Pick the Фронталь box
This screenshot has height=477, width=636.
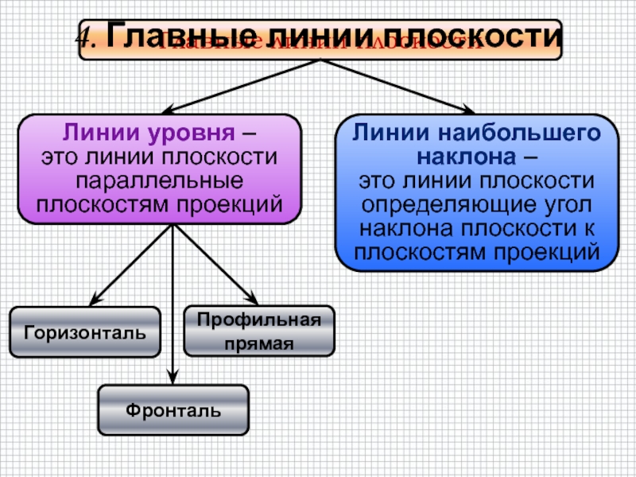pos(173,409)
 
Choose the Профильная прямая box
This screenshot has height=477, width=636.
pos(259,331)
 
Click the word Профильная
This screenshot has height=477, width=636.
pos(259,320)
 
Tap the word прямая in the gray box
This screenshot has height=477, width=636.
pos(259,343)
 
